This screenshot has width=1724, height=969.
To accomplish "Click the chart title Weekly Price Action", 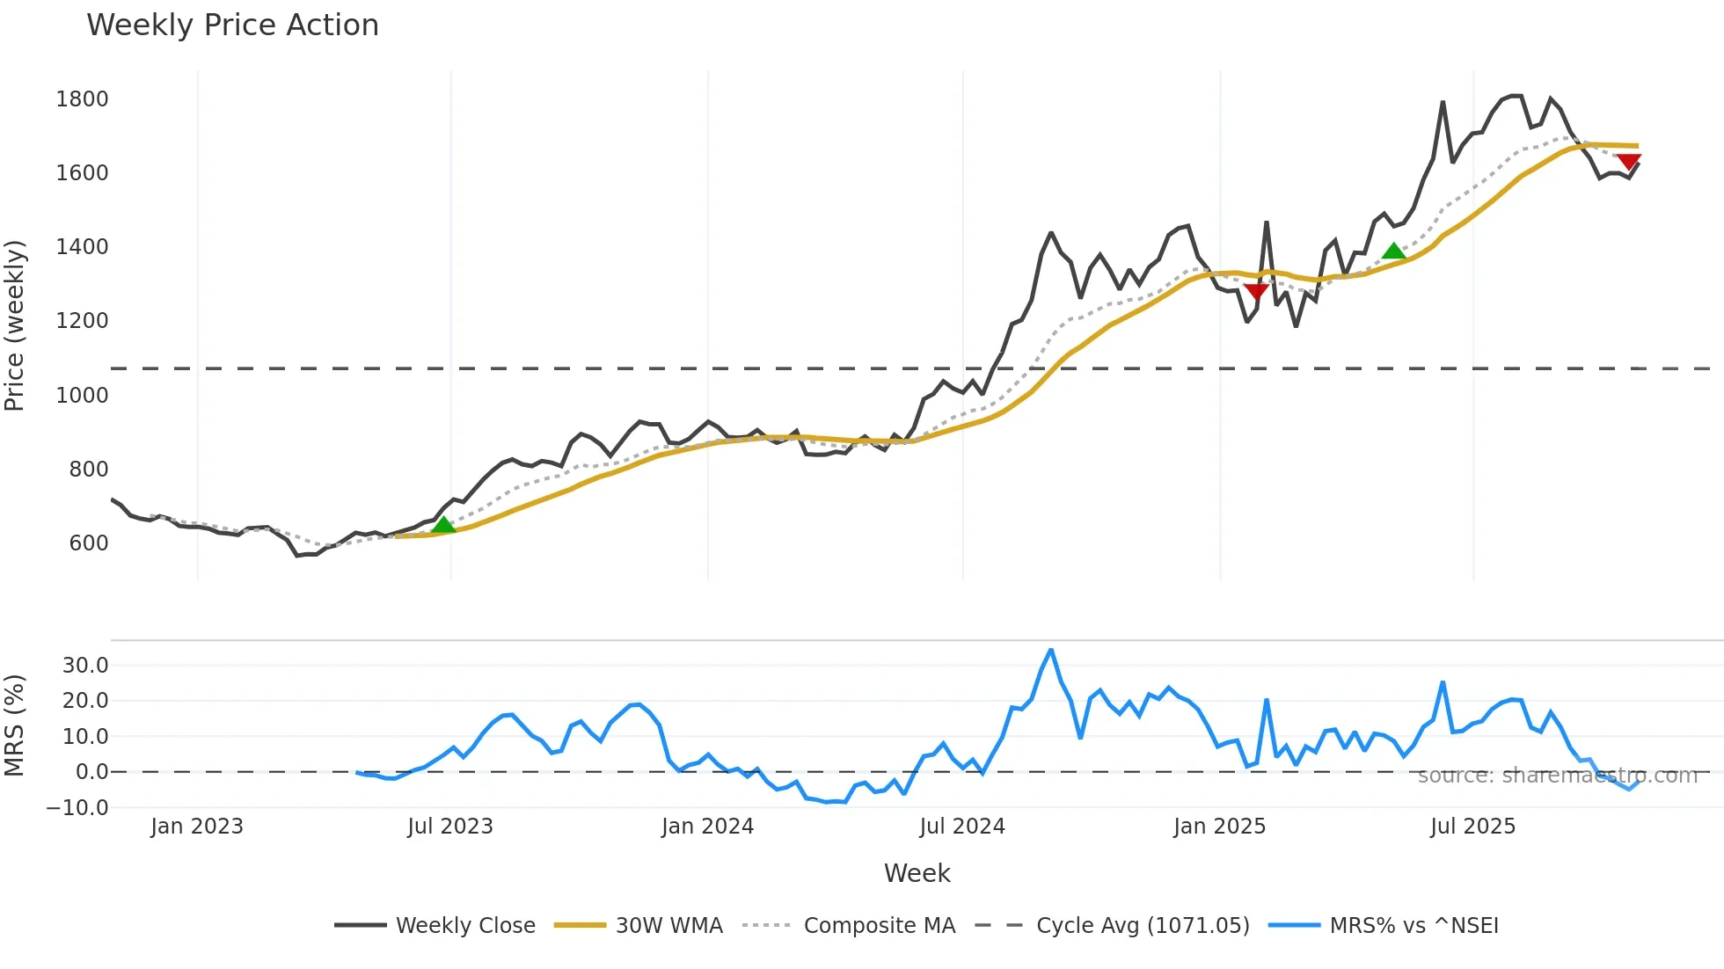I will click(232, 25).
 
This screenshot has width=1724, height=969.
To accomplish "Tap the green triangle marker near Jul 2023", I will click(443, 525).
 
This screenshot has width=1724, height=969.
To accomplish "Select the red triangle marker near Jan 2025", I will click(1256, 291).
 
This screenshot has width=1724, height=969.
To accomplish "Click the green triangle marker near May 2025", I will click(1393, 251).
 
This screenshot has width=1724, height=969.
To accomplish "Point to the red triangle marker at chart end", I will click(1629, 162).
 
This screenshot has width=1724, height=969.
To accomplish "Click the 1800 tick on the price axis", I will click(82, 99).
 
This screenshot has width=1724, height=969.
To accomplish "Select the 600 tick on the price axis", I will click(89, 543).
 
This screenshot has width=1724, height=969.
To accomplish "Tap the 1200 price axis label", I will click(82, 321).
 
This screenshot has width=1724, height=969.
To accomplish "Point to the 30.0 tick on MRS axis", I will click(85, 666).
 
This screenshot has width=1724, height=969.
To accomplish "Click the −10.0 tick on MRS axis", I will click(77, 808).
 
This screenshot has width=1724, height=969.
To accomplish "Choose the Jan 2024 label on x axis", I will click(707, 827).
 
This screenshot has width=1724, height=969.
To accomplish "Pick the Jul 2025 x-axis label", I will click(1472, 827).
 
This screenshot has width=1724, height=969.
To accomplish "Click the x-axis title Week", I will click(917, 874).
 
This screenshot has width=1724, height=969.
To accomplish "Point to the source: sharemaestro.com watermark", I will click(1557, 776).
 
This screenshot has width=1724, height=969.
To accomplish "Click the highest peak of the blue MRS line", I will click(1051, 652).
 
